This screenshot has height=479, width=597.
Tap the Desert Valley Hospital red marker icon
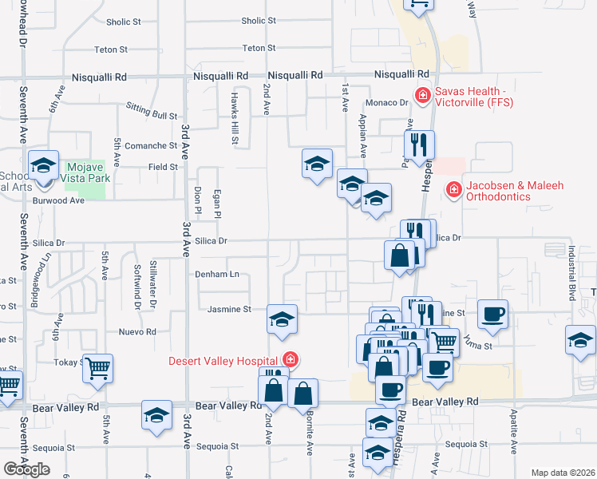click(291, 360)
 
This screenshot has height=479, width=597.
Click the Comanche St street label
click(152, 146)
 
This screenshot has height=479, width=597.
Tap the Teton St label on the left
click(111, 49)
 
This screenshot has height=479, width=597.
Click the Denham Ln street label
click(217, 274)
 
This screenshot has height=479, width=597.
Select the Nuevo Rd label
click(137, 331)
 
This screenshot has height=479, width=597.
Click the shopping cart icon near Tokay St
click(98, 369)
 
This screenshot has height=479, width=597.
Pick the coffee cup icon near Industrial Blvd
click(492, 313)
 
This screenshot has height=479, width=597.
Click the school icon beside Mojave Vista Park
click(43, 165)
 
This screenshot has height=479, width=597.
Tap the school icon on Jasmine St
click(282, 319)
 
